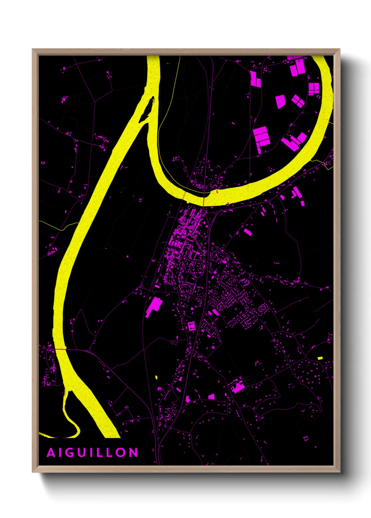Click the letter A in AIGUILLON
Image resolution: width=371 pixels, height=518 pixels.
51,453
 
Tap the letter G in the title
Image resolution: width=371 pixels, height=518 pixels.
71,453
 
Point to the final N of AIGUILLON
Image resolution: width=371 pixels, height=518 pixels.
133,453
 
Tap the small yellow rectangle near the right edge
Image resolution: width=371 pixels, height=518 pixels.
320,358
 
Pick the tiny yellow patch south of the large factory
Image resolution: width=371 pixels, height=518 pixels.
156,377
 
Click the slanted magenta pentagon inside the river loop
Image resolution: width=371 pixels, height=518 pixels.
280,101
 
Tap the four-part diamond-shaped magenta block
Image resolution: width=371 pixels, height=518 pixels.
298,101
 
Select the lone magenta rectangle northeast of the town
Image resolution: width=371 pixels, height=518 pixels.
248,232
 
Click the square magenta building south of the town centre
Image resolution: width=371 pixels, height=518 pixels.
192,326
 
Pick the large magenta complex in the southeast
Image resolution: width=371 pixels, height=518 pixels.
237,386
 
